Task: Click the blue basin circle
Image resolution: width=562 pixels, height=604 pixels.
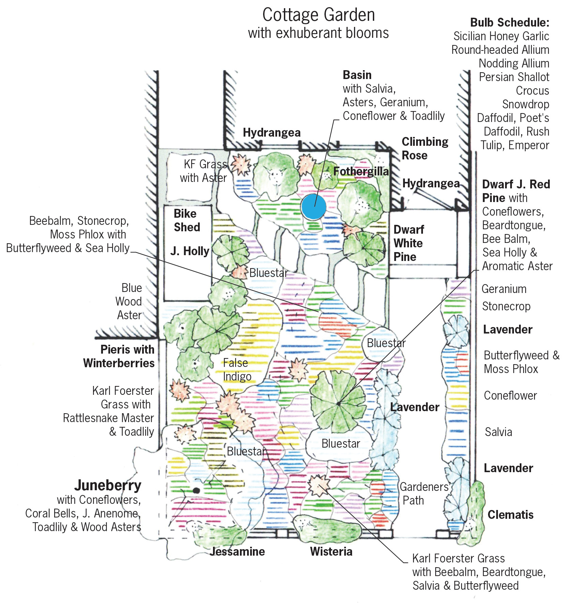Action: pos(313,207)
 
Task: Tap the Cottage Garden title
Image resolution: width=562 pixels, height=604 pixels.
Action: pos(318,15)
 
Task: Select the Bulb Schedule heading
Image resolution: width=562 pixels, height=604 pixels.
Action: pos(510,22)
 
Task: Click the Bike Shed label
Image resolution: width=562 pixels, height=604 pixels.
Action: pos(186,220)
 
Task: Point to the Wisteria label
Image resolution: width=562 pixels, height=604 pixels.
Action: pos(331,552)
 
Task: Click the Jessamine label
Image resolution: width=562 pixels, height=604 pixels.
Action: pos(237,552)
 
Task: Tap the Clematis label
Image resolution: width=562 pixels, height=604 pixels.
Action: pos(510,515)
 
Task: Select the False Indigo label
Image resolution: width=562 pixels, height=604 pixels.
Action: pos(237,370)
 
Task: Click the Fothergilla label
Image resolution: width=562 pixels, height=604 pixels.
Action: pos(361,171)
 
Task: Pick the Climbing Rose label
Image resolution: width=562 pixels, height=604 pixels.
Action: pos(425,149)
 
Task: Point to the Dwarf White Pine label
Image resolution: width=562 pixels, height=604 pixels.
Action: pos(408,243)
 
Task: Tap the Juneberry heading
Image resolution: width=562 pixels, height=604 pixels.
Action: pos(108,485)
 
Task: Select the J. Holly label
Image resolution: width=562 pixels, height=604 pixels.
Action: pos(190,251)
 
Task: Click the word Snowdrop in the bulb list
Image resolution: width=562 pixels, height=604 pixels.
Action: pos(526,104)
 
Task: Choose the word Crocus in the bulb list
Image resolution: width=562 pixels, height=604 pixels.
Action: pos(532,91)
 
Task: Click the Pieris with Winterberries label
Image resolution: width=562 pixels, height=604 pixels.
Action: pos(119,356)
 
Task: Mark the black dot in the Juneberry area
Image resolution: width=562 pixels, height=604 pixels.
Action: pos(196,491)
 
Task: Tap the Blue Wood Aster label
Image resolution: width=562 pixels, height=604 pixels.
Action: pos(129,301)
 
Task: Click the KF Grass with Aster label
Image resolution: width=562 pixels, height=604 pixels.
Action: pos(203,171)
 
